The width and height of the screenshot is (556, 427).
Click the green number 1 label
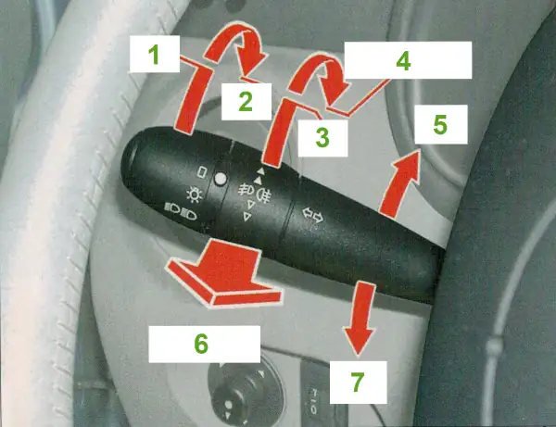154,56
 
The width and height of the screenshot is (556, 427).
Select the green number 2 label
246,101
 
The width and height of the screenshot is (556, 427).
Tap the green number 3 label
322,137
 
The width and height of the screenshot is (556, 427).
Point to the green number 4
403,60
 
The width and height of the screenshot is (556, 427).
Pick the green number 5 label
440,124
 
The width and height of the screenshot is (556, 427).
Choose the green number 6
201,344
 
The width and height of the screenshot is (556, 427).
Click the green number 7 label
358,382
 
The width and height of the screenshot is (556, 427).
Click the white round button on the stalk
221,179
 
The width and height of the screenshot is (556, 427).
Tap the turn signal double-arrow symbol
312,216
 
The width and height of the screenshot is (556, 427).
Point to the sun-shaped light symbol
195,195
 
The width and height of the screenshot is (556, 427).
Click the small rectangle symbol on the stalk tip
202,172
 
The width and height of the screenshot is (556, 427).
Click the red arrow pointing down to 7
360,319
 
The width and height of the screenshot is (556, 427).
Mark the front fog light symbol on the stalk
246,189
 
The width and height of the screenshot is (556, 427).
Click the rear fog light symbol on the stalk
264,195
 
